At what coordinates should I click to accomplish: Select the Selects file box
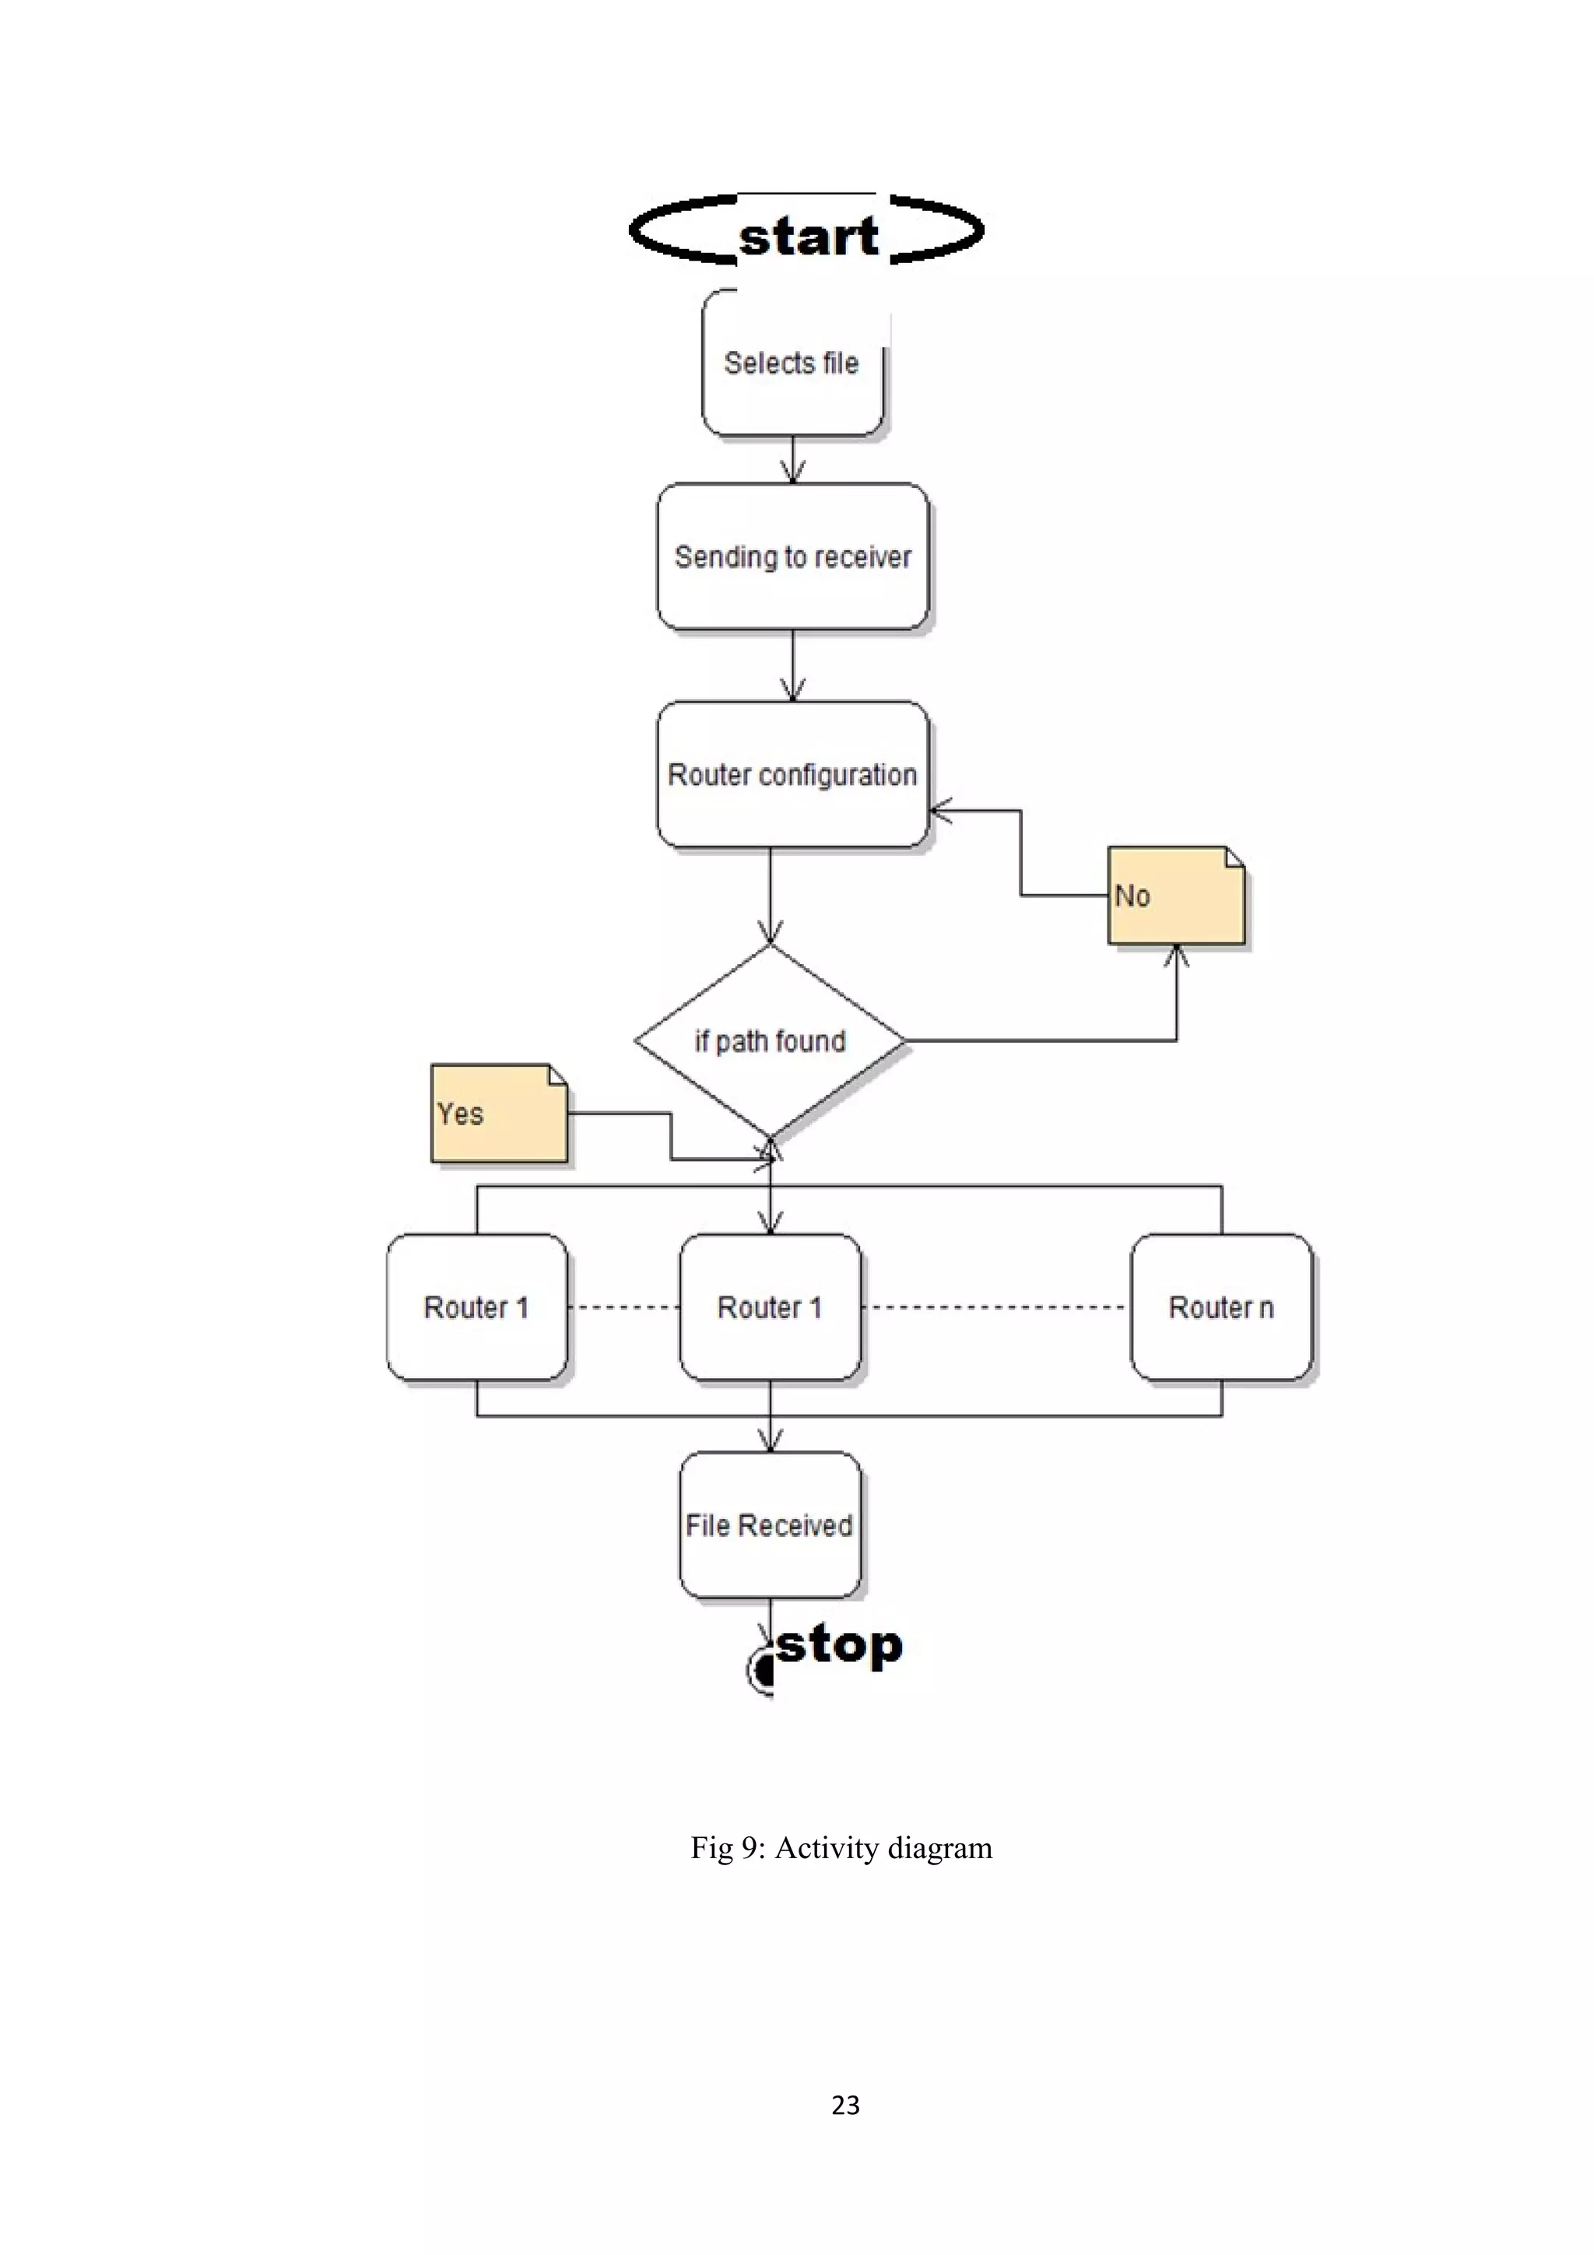792,363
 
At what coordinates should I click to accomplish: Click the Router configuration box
792,774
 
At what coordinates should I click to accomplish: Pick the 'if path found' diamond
769,1040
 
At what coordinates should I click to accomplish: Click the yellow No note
1174,896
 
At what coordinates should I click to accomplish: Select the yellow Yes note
498,1113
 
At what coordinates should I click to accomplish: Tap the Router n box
1220,1306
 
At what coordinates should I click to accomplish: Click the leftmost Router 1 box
476,1306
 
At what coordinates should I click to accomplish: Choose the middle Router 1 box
769,1306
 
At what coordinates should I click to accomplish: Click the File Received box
769,1524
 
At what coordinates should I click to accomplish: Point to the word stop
840,1645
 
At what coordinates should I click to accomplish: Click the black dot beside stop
761,1670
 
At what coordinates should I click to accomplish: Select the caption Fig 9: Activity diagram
841,1847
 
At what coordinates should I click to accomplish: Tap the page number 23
844,2105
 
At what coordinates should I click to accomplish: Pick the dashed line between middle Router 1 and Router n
996,1307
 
